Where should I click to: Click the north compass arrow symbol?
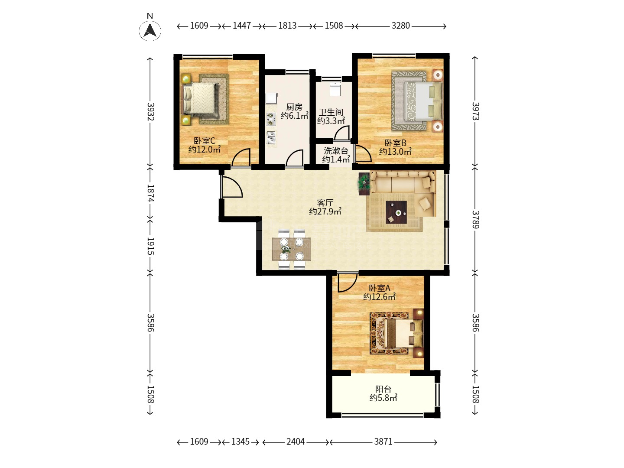pos(150,30)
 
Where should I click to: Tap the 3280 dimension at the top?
pos(400,26)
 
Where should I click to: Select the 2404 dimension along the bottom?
pos(296,442)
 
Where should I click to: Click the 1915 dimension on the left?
pos(150,246)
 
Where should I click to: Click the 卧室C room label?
pos(205,141)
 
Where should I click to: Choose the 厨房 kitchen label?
pos(294,107)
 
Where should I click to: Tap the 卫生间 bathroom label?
pos(331,112)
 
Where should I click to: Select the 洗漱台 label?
pos(336,151)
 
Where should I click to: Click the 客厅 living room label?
pos(325,203)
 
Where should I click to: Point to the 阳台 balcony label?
pos(383,389)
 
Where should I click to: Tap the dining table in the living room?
pos(291,249)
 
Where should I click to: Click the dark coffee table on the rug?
pos(396,212)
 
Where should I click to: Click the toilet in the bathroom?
pos(335,89)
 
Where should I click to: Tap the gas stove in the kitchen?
pos(271,119)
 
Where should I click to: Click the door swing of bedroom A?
pos(348,282)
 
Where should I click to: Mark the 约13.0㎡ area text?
pos(395,152)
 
